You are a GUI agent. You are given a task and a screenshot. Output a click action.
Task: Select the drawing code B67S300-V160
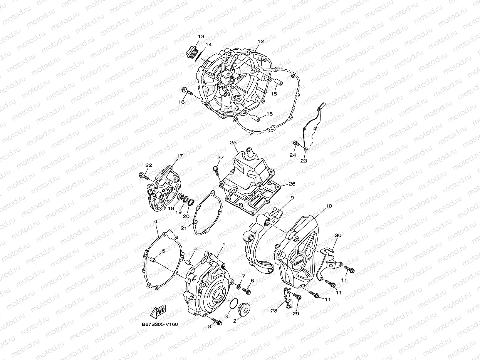(x=160, y=324)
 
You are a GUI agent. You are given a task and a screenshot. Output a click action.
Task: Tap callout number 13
(x=201, y=36)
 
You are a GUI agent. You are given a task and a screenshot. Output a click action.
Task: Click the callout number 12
(x=261, y=41)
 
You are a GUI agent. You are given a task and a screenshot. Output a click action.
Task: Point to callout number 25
(x=233, y=142)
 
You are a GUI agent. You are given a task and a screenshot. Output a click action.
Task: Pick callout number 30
(x=338, y=235)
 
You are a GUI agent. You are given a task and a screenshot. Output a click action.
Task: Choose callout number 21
(x=184, y=228)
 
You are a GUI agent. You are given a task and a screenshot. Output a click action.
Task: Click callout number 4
(x=156, y=222)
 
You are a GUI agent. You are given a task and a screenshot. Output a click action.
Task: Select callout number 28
(x=274, y=311)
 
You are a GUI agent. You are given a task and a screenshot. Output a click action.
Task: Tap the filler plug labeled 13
(x=190, y=51)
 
